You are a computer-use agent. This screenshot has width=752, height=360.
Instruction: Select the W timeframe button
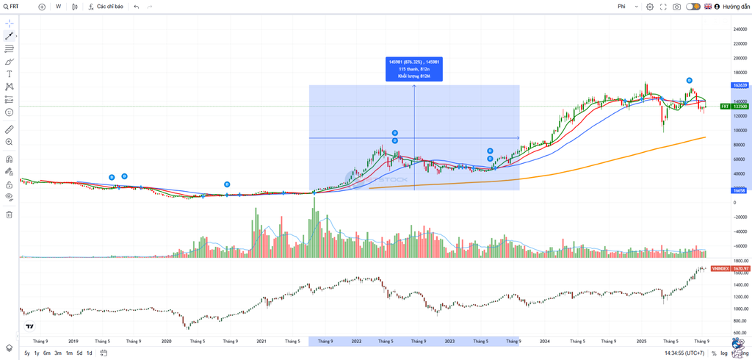58,7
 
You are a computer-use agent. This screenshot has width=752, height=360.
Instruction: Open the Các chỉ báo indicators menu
106,7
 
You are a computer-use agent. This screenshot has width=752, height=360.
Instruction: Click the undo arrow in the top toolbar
136,7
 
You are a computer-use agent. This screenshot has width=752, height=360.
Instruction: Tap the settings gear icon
649,7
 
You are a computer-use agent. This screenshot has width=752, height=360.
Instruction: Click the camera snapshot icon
676,7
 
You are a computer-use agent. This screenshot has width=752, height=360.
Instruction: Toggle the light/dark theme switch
693,7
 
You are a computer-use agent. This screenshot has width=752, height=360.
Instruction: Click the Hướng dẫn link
736,7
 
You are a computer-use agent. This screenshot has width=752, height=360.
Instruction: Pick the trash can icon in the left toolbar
10,215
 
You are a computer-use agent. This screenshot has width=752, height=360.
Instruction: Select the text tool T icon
10,74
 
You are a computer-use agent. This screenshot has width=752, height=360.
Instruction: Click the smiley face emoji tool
10,112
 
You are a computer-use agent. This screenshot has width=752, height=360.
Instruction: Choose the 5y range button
27,353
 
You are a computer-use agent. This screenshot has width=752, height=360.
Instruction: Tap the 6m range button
47,353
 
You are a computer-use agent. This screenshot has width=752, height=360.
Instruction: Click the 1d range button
90,353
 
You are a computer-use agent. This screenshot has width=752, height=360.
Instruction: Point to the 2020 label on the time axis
166,341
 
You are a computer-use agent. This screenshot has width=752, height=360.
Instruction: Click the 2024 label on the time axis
544,341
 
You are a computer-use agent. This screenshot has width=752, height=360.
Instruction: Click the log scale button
723,353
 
